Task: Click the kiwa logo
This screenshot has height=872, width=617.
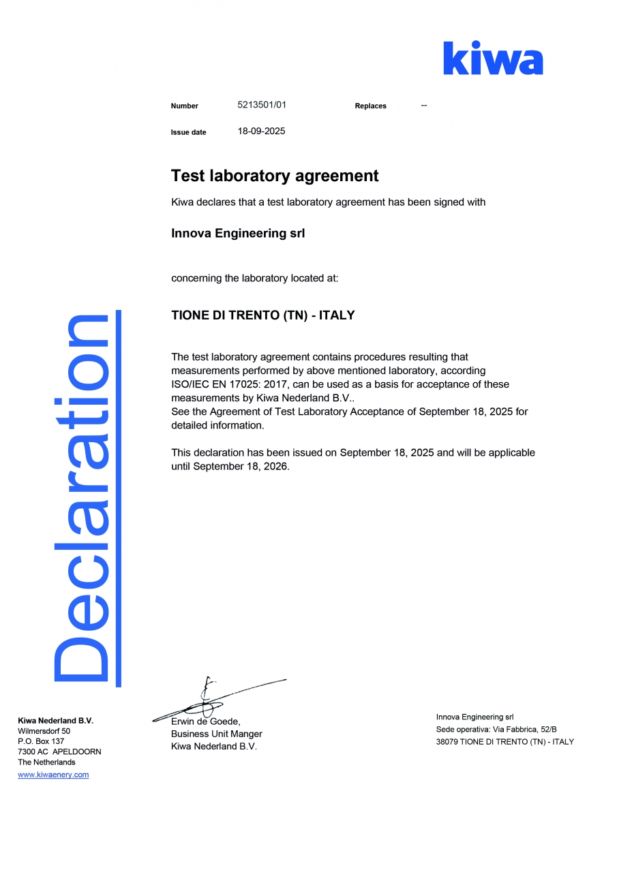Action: pyautogui.click(x=493, y=59)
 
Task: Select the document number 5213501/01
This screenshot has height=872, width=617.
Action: pyautogui.click(x=262, y=105)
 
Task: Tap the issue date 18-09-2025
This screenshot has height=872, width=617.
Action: pyautogui.click(x=261, y=131)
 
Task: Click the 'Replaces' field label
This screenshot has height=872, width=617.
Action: pyautogui.click(x=370, y=106)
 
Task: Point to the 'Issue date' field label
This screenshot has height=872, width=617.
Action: pyautogui.click(x=188, y=132)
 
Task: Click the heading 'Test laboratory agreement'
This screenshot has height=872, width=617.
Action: pyautogui.click(x=275, y=176)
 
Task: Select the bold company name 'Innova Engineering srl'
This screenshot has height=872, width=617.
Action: pyautogui.click(x=238, y=234)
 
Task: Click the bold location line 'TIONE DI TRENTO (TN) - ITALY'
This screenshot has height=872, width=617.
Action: pyautogui.click(x=262, y=315)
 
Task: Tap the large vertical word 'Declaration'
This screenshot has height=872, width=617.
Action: pyautogui.click(x=82, y=497)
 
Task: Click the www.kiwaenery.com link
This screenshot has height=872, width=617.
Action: pyautogui.click(x=53, y=775)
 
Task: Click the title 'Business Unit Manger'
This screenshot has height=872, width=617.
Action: pyautogui.click(x=216, y=734)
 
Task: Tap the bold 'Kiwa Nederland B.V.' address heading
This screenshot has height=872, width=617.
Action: pyautogui.click(x=55, y=720)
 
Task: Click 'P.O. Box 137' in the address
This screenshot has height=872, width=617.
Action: pyautogui.click(x=41, y=741)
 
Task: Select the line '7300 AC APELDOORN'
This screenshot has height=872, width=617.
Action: pyautogui.click(x=59, y=751)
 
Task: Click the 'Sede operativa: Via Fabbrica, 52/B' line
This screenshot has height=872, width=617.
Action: pyautogui.click(x=496, y=729)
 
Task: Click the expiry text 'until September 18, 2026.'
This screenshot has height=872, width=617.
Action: pyautogui.click(x=230, y=466)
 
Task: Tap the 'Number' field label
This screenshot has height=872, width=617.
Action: pyautogui.click(x=184, y=106)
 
